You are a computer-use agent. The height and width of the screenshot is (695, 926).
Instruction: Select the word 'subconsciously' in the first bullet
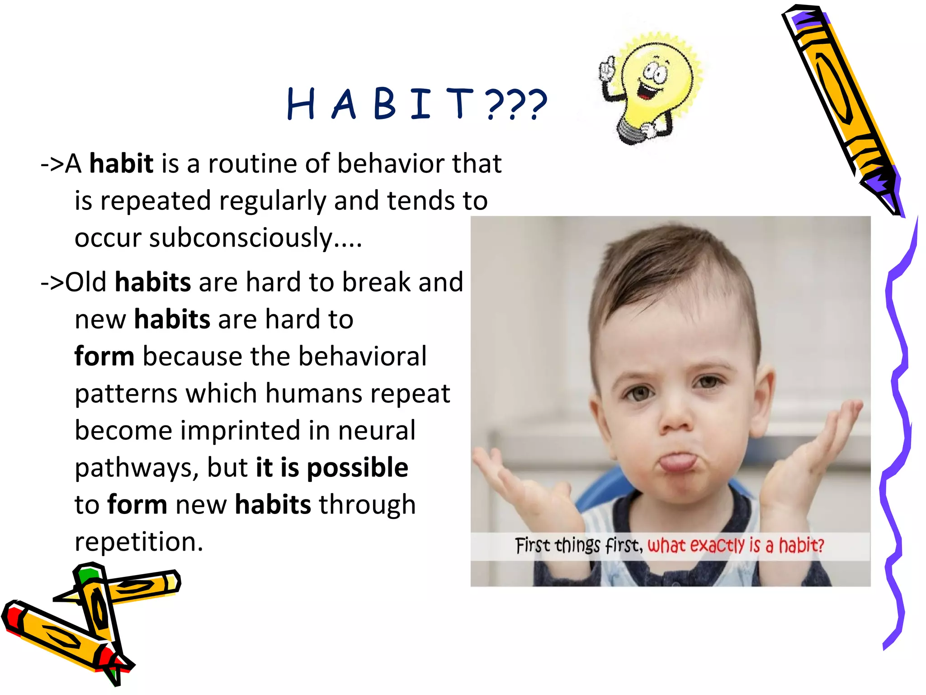(241, 238)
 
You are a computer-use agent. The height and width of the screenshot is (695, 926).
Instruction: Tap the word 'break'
(376, 282)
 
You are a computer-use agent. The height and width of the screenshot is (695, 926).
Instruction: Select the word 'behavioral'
(362, 357)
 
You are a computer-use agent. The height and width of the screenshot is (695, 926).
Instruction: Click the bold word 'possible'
(357, 467)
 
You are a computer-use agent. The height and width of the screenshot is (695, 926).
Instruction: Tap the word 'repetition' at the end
(138, 542)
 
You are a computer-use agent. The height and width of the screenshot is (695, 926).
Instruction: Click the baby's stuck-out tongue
(677, 462)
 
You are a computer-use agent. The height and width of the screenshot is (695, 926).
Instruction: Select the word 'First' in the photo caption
(533, 546)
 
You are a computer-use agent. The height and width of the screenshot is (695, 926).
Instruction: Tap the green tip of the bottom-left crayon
(87, 574)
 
